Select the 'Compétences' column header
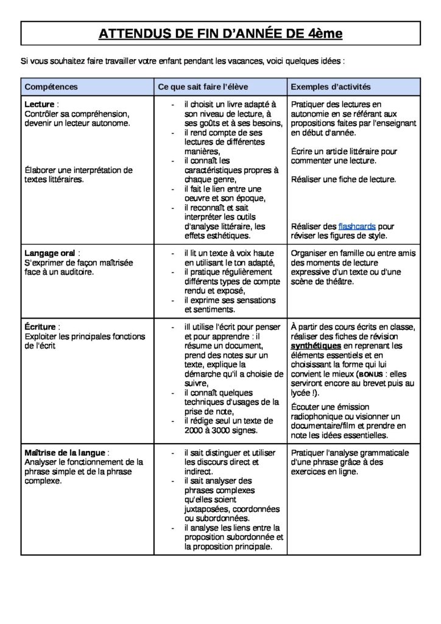(x=51, y=87)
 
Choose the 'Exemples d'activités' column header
(x=331, y=87)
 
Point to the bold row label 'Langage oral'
(x=51, y=253)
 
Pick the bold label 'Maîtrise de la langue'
(x=65, y=453)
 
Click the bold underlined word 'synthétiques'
(x=320, y=346)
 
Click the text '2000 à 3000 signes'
(x=220, y=430)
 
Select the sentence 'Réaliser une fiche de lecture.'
(x=344, y=179)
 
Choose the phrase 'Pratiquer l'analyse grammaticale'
(x=350, y=453)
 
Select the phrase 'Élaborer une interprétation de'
(x=78, y=170)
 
